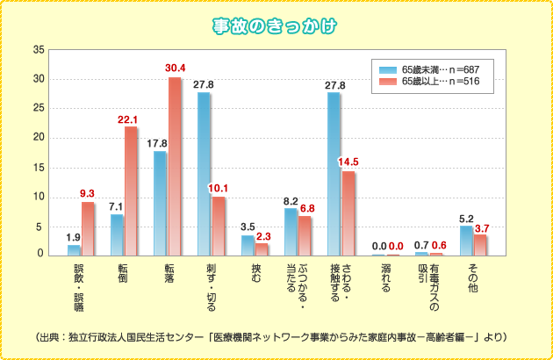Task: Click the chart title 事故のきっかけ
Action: (x=276, y=27)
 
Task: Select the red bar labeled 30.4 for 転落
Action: (x=175, y=167)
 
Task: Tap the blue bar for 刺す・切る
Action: (x=204, y=174)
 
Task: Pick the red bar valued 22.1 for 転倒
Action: (x=131, y=191)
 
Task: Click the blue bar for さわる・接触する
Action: (x=334, y=174)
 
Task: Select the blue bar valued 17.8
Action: (x=160, y=204)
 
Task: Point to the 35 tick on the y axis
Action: (x=38, y=49)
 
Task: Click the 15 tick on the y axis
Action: (x=38, y=167)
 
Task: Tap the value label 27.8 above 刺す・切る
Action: (x=203, y=84)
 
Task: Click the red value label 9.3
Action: (x=88, y=193)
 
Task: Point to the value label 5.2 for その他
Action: (x=466, y=218)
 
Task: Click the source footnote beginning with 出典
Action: (x=276, y=336)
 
